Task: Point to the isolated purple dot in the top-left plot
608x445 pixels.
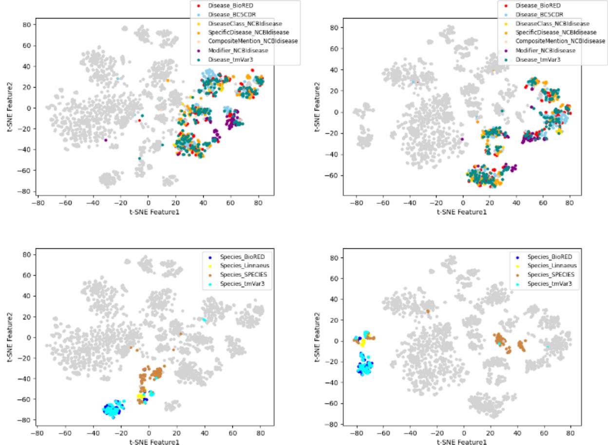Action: point(106,140)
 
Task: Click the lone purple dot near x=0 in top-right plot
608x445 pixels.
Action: point(462,139)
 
